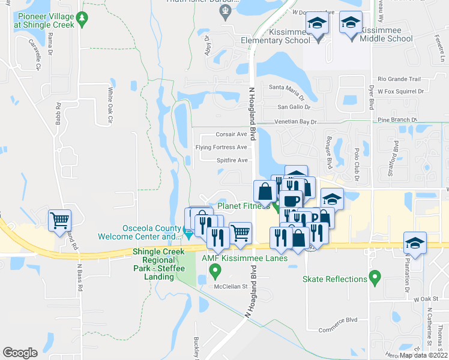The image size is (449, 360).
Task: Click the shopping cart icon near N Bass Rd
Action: coord(59,221)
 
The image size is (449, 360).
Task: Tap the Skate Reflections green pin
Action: coord(375,278)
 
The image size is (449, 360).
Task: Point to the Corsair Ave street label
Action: coord(231,134)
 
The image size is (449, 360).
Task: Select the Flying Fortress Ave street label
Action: coord(221,147)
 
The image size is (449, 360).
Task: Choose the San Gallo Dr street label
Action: coord(293,107)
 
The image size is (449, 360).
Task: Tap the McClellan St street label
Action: coord(232,286)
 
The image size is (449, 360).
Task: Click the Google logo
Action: coord(20,352)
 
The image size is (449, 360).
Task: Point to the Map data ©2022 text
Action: coord(423,355)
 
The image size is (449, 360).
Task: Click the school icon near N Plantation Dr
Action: coord(415,243)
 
